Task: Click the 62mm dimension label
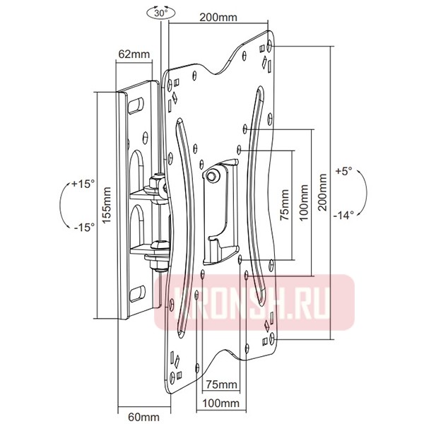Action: pos(133,54)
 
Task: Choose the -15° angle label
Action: pos(83,228)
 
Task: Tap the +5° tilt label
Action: pos(343,171)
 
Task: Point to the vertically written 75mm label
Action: pos(284,206)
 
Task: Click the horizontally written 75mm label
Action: pos(218,384)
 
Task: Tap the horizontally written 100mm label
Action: pos(218,403)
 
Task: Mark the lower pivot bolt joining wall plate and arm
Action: pos(158,258)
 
